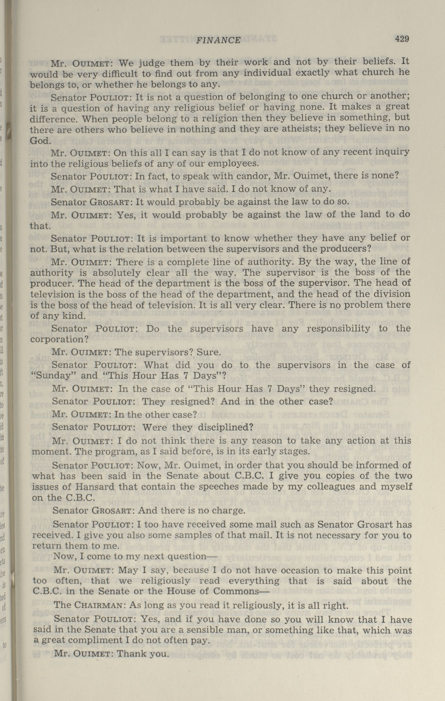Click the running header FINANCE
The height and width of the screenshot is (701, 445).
pyautogui.click(x=219, y=40)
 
